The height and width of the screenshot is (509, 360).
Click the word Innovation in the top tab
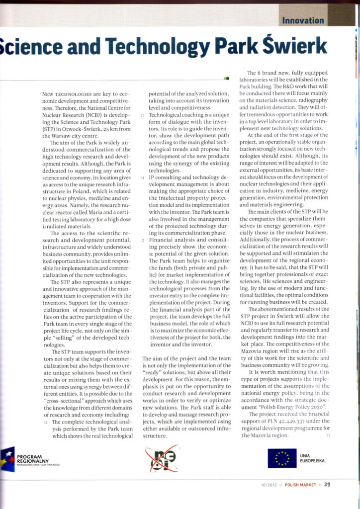[303, 20]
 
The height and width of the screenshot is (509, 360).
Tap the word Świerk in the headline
[296, 48]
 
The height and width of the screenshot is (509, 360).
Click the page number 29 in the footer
[327, 486]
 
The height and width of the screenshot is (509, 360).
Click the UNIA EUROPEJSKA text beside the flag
[313, 458]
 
